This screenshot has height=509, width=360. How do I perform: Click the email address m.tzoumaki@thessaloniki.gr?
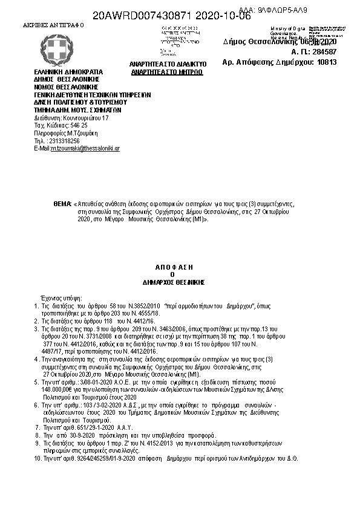(85, 148)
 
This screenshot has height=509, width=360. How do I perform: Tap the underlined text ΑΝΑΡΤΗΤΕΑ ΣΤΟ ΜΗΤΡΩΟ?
(167, 72)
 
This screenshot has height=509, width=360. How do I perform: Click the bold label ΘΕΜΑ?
(62, 205)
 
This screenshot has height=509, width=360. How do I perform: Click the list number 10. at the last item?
(36, 459)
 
